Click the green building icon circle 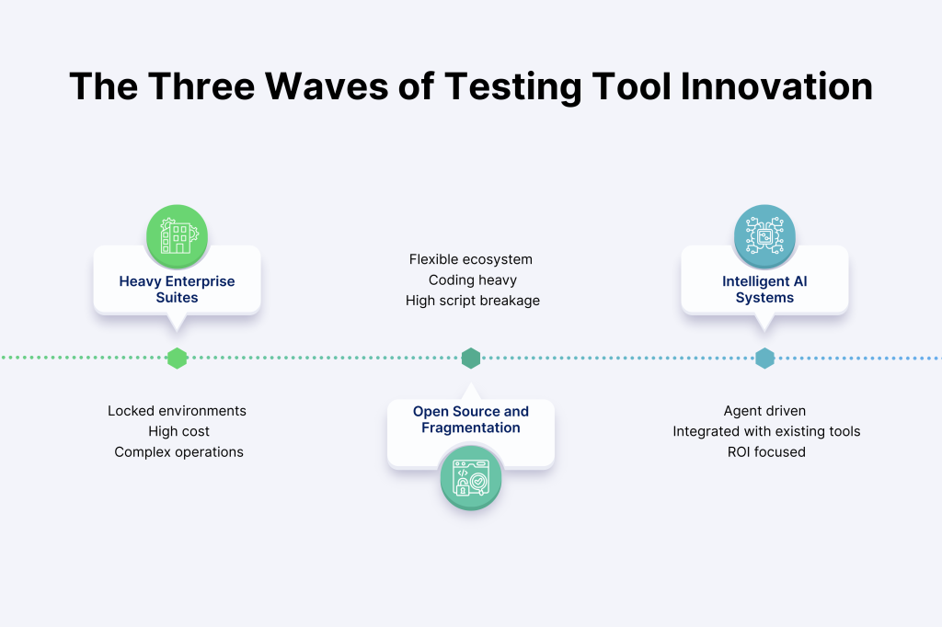(x=177, y=235)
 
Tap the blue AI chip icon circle (x=764, y=235)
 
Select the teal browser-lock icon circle (x=471, y=477)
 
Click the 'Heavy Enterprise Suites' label (x=177, y=290)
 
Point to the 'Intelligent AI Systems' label (x=764, y=290)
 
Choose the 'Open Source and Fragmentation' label (x=471, y=419)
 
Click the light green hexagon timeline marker (x=178, y=358)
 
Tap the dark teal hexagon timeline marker (x=471, y=358)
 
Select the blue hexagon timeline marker (x=764, y=358)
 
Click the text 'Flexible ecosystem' (x=471, y=259)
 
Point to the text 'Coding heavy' (x=473, y=279)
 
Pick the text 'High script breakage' (x=473, y=301)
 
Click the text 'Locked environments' (x=178, y=411)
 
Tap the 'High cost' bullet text (x=179, y=431)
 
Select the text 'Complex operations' (x=179, y=451)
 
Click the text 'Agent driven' (x=764, y=411)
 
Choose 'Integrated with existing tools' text (x=766, y=431)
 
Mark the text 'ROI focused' (x=766, y=451)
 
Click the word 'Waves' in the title (x=327, y=86)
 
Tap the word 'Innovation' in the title (x=776, y=86)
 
